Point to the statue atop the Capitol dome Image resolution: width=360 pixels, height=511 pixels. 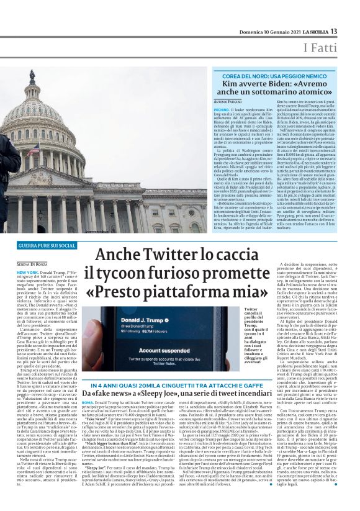[32, 77]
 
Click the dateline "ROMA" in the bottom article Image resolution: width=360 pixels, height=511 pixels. [88, 402]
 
